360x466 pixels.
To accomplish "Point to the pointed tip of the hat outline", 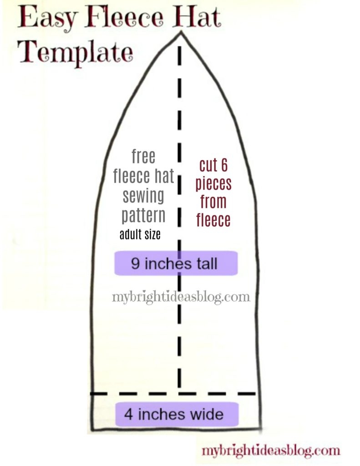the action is click(180, 34).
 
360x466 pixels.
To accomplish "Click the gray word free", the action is click(143, 157).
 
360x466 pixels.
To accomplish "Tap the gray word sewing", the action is click(143, 196).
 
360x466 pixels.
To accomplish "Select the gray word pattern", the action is click(143, 216).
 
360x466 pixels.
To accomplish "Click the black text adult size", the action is click(140, 234).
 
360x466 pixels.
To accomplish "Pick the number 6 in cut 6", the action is click(224, 165).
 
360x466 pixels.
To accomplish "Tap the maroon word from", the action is click(213, 202).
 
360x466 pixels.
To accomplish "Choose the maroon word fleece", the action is click(213, 220).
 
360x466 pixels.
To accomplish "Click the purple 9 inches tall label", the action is click(176, 263).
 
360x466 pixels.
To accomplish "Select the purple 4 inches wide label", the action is click(177, 414).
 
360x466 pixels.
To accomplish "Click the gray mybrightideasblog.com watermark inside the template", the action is click(181, 297).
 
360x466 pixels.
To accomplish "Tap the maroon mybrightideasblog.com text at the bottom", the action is click(271, 451).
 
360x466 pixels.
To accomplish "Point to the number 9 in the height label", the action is click(135, 263).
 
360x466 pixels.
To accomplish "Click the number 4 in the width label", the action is click(128, 414).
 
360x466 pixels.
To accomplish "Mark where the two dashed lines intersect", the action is click(180, 394).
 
